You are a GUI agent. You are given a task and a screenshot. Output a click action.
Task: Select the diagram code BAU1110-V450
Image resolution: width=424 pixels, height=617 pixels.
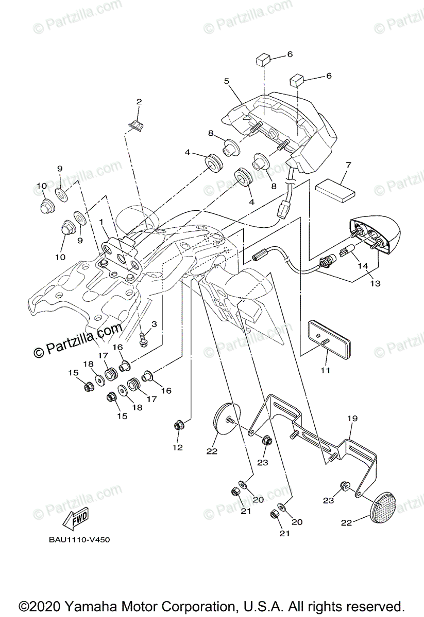click(x=79, y=540)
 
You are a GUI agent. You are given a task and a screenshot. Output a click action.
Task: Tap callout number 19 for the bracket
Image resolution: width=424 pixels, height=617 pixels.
click(x=352, y=419)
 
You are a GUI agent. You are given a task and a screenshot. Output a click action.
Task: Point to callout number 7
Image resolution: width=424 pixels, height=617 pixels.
click(x=348, y=166)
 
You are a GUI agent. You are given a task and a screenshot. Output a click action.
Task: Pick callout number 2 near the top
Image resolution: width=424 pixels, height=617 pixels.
click(x=139, y=102)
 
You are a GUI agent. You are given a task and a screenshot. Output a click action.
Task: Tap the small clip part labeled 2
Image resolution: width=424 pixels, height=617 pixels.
click(x=137, y=125)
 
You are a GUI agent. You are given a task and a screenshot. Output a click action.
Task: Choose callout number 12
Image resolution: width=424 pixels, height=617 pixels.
click(x=177, y=447)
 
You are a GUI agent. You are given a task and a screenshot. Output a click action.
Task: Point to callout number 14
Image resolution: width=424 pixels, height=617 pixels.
click(x=363, y=266)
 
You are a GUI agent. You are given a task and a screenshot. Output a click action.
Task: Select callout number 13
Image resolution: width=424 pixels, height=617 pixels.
click(x=375, y=283)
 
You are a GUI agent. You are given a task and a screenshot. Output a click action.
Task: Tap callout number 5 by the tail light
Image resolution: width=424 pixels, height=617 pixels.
click(x=226, y=81)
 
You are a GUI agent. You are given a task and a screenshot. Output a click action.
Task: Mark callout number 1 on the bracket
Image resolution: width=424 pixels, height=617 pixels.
click(x=101, y=223)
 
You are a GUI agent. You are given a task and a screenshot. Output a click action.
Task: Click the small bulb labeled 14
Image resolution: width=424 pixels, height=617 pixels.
click(x=345, y=253)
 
